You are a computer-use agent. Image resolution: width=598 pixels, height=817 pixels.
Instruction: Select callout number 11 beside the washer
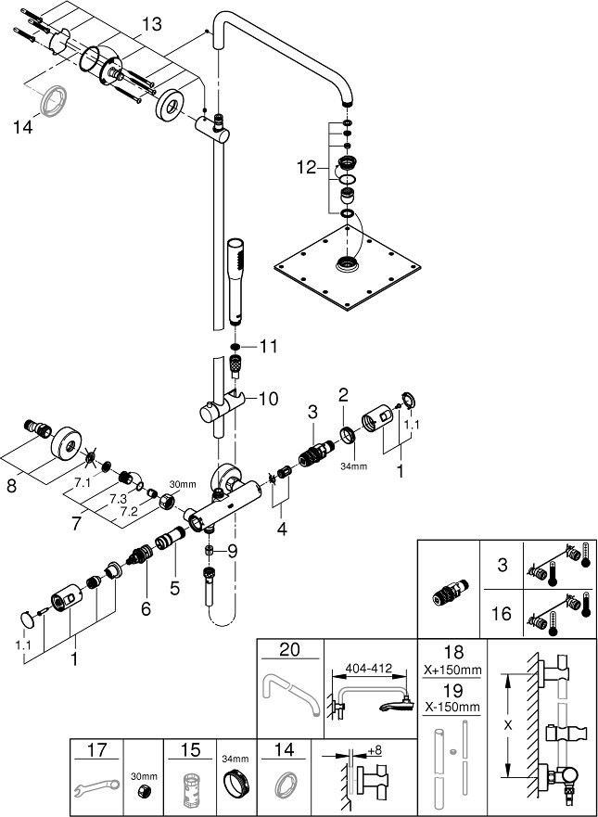(269, 347)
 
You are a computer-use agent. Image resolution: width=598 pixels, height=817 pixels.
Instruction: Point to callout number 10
(267, 399)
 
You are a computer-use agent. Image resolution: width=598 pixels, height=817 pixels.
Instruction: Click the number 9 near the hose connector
(232, 551)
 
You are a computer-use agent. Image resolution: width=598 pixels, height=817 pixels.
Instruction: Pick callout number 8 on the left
(11, 486)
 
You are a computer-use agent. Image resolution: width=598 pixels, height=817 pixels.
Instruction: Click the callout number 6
(146, 607)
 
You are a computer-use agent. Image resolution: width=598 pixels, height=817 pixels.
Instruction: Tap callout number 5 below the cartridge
(174, 589)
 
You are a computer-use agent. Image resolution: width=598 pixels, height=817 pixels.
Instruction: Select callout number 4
(282, 530)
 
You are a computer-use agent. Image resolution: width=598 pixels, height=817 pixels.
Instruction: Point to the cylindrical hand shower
(235, 282)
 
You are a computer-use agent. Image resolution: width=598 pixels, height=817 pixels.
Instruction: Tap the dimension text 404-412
(370, 669)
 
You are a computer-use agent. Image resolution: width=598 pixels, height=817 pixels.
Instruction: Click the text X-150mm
(452, 707)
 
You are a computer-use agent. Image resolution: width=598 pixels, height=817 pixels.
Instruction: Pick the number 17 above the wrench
(97, 750)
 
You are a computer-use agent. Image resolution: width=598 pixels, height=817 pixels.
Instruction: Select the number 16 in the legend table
(502, 614)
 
